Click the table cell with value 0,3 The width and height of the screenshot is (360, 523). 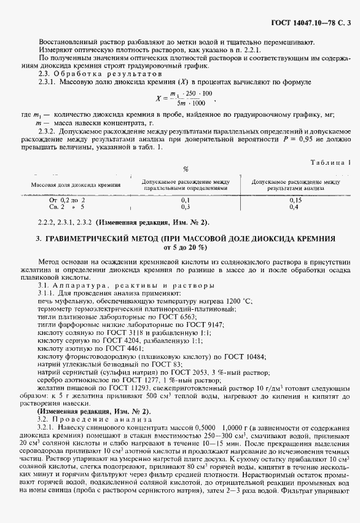(x=186, y=207)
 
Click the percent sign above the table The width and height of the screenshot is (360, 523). (x=186, y=169)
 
